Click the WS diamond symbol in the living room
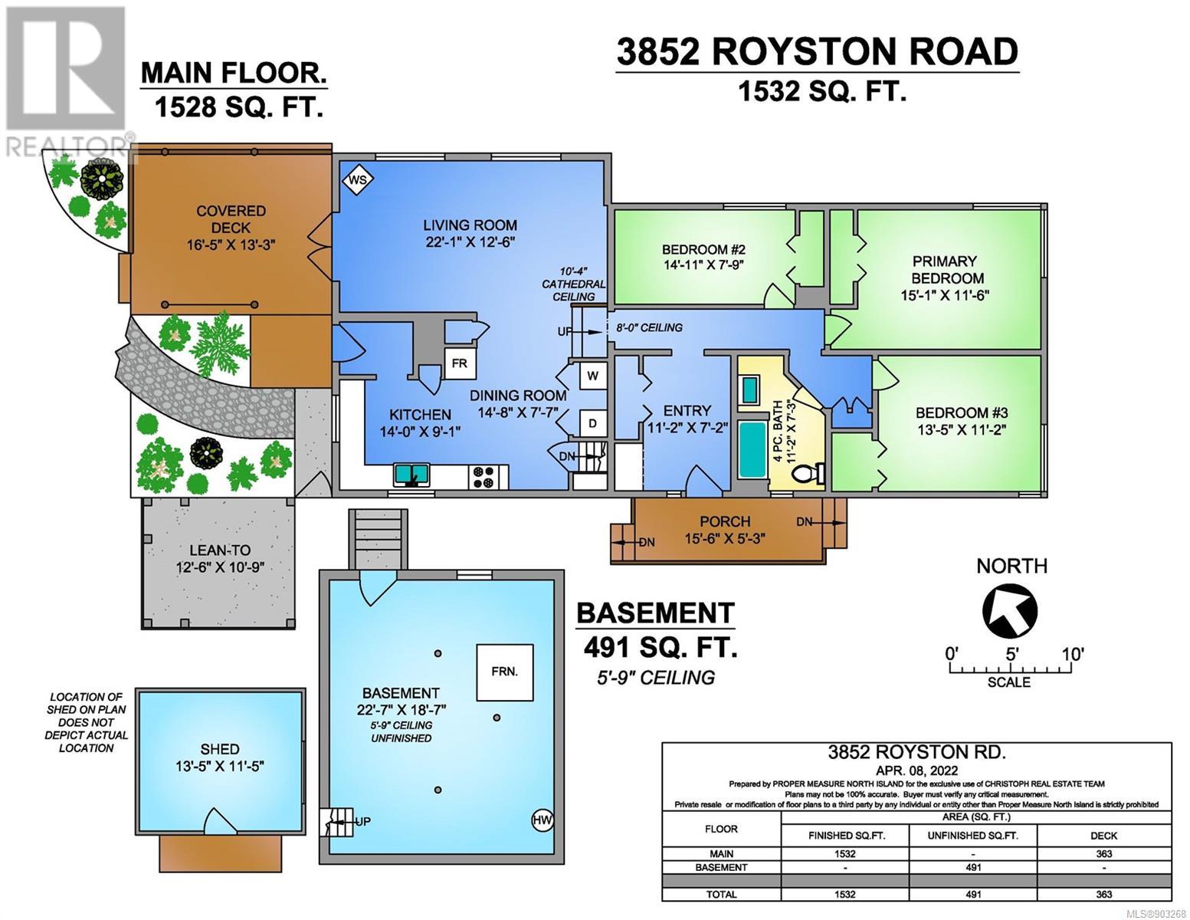(358, 179)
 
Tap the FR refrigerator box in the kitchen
(459, 363)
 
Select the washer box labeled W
(592, 376)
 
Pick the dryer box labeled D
(592, 423)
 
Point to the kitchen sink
(411, 475)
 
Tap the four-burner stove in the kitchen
(483, 476)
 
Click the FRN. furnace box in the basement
(504, 672)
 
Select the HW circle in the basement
(543, 820)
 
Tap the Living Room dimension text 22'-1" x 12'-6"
(470, 242)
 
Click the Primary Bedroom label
(944, 270)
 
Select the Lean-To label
(220, 550)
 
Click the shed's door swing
(220, 821)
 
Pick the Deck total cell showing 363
(1103, 894)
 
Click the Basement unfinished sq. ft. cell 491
(972, 867)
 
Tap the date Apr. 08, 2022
(916, 771)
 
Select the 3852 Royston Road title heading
(817, 52)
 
